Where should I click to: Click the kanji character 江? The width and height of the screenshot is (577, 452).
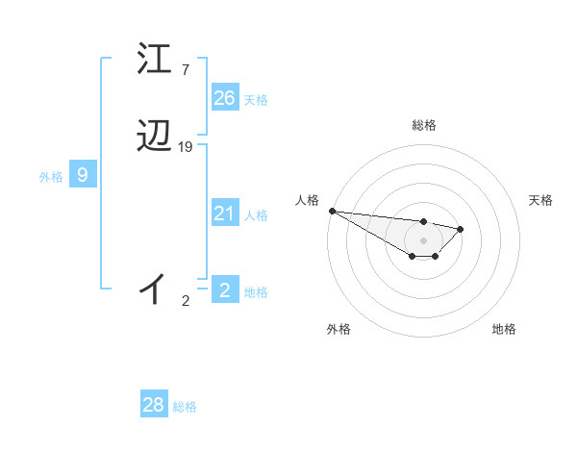pyautogui.click(x=155, y=60)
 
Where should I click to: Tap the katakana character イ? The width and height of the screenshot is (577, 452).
pyautogui.click(x=155, y=288)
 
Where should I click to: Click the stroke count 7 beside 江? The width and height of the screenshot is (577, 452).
pyautogui.click(x=185, y=69)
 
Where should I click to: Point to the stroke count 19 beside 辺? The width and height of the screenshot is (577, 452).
pyautogui.click(x=186, y=147)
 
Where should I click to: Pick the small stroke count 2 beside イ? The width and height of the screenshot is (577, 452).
pyautogui.click(x=186, y=301)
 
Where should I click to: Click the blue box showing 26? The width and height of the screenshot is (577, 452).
pyautogui.click(x=224, y=98)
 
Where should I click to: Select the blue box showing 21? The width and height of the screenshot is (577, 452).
pyautogui.click(x=224, y=213)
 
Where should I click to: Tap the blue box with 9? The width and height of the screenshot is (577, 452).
pyautogui.click(x=83, y=175)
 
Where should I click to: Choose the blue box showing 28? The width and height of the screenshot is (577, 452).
pyautogui.click(x=153, y=405)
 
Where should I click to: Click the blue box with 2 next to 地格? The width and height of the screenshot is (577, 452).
pyautogui.click(x=224, y=290)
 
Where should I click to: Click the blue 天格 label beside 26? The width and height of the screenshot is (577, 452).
pyautogui.click(x=256, y=100)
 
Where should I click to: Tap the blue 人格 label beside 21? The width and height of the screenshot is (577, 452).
pyautogui.click(x=256, y=215)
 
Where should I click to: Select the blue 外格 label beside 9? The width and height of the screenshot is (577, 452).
pyautogui.click(x=51, y=177)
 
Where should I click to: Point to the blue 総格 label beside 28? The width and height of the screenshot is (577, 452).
pyautogui.click(x=185, y=407)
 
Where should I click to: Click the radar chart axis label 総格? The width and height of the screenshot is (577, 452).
pyautogui.click(x=424, y=125)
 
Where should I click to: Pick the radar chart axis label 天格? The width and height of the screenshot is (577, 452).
pyautogui.click(x=541, y=200)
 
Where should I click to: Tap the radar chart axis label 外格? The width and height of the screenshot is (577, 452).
pyautogui.click(x=339, y=330)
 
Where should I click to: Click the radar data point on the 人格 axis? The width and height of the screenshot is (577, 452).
pyautogui.click(x=331, y=211)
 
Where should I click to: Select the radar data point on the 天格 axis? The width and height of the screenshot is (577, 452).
pyautogui.click(x=461, y=229)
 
